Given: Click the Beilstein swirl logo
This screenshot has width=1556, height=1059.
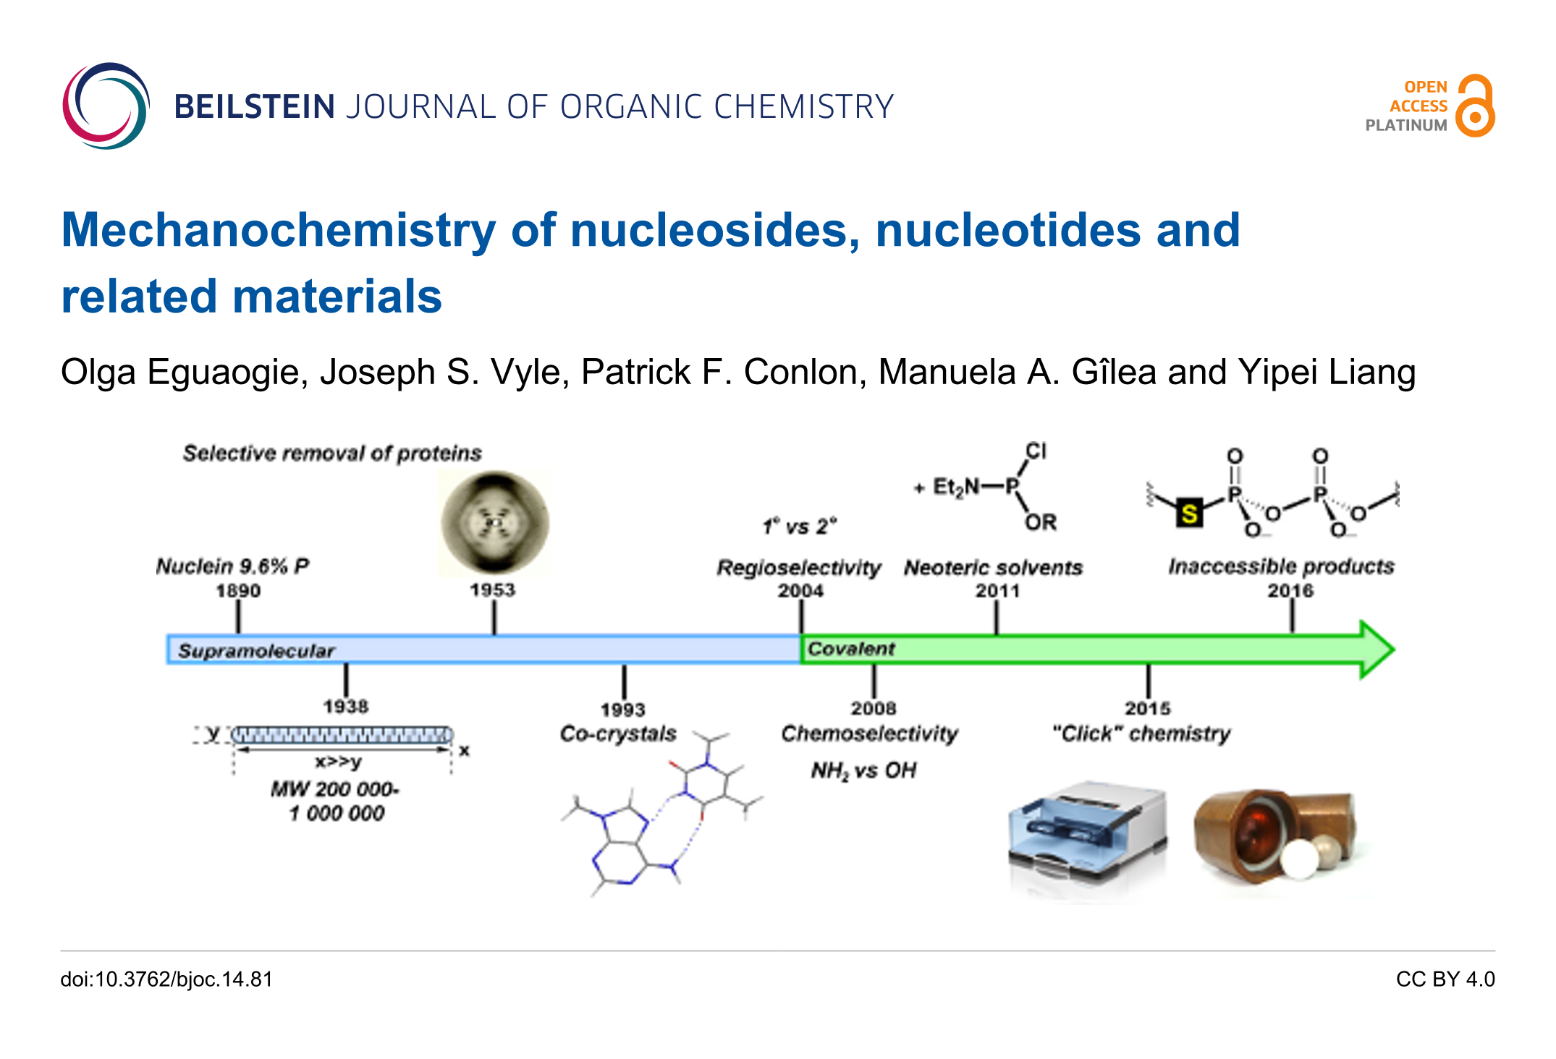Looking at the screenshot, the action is click(x=106, y=106).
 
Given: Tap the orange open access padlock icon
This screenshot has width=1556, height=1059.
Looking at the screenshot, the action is click(x=1476, y=106).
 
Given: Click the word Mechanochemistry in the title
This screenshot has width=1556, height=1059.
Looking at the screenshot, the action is click(x=279, y=230).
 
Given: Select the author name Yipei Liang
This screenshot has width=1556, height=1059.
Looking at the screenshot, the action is click(x=1327, y=372).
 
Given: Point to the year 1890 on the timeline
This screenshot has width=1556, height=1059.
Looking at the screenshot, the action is click(x=238, y=591).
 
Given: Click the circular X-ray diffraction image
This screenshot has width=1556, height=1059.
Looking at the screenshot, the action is click(x=495, y=522).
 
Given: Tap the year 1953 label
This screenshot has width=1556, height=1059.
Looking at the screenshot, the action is click(x=493, y=590).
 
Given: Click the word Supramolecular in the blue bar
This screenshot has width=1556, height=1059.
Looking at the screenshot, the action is click(x=256, y=650).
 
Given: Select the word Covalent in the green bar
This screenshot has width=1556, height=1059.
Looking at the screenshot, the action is click(x=851, y=649).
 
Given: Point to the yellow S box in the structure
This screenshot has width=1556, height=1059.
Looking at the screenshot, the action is click(x=1188, y=514).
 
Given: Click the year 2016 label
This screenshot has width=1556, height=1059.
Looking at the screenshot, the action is click(x=1290, y=591).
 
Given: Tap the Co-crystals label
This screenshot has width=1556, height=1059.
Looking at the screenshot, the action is click(x=618, y=733).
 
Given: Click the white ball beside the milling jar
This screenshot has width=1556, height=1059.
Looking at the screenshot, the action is click(x=1300, y=859).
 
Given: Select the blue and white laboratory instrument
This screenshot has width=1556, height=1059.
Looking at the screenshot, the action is click(x=1087, y=839).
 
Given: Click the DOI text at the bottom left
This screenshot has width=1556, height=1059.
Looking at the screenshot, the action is click(x=166, y=979).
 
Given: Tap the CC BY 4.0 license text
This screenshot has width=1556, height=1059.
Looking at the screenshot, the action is click(x=1445, y=979).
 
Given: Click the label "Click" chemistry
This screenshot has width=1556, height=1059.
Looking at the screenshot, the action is click(x=1141, y=733).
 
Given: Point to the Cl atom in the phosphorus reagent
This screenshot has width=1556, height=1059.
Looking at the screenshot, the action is click(x=1036, y=451).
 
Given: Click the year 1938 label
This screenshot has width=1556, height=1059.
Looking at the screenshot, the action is click(x=345, y=706).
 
